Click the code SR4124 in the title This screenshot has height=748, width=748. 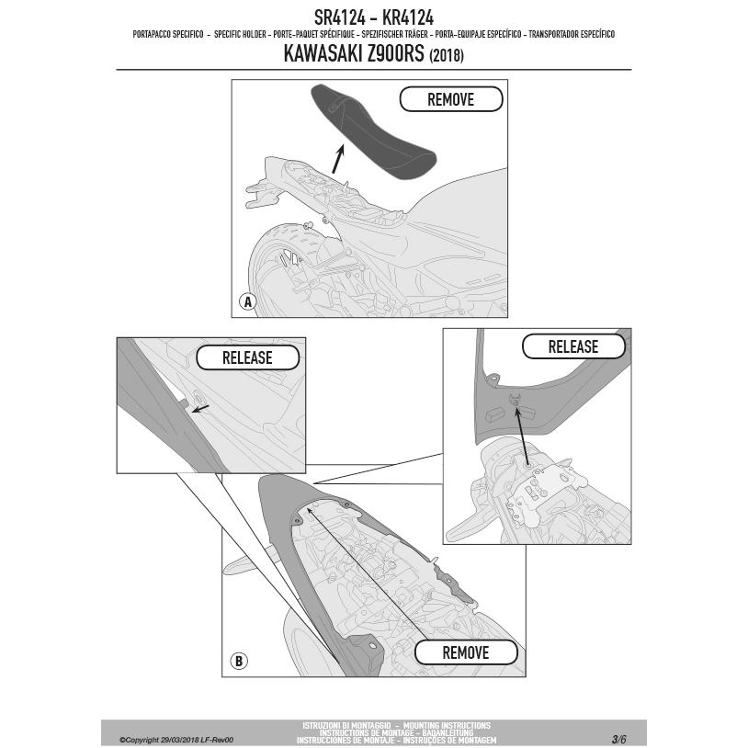pyautogui.click(x=340, y=17)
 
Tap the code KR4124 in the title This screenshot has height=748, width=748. pyautogui.click(x=408, y=17)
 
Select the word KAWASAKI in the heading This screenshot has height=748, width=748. pyautogui.click(x=323, y=53)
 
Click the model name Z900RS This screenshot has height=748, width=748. pyautogui.click(x=395, y=53)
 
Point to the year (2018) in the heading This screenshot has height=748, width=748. pyautogui.click(x=447, y=56)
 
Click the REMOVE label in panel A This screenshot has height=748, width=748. pyautogui.click(x=451, y=99)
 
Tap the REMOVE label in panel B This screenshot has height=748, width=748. pyautogui.click(x=466, y=652)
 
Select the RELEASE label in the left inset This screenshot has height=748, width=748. pyautogui.click(x=247, y=357)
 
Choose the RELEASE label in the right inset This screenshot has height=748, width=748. pyautogui.click(x=572, y=346)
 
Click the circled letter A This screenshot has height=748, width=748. pyautogui.click(x=247, y=302)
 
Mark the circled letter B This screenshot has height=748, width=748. pyautogui.click(x=239, y=661)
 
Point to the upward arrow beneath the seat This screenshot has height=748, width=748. pyautogui.click(x=338, y=159)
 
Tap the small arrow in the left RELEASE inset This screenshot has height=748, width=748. pyautogui.click(x=200, y=409)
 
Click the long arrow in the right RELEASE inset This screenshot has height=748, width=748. pyautogui.click(x=521, y=434)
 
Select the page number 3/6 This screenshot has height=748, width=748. pyautogui.click(x=618, y=740)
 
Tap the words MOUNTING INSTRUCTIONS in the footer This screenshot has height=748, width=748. pyautogui.click(x=447, y=726)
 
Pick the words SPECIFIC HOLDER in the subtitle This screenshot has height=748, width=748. pyautogui.click(x=240, y=34)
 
